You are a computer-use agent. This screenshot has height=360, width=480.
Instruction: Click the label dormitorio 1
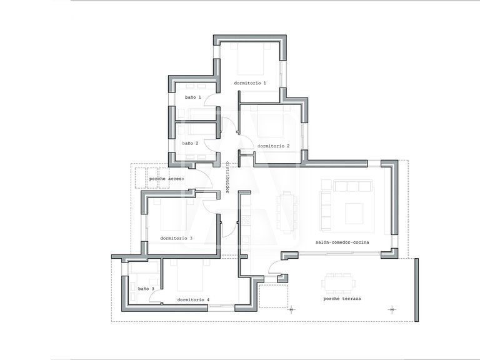[250, 83]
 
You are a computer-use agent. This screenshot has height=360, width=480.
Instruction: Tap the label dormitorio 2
[273, 146]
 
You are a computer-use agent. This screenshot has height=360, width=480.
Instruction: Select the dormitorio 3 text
[176, 238]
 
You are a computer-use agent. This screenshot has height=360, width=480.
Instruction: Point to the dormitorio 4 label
[193, 300]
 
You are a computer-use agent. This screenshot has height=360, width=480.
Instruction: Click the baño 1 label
[193, 97]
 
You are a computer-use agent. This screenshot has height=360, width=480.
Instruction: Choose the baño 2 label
[191, 143]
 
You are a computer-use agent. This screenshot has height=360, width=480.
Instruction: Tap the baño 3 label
[146, 289]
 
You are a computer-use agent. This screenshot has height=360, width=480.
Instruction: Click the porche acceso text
[166, 179]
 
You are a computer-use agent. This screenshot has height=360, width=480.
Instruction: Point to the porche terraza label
[342, 299]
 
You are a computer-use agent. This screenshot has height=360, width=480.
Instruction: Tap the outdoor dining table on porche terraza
[339, 283]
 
